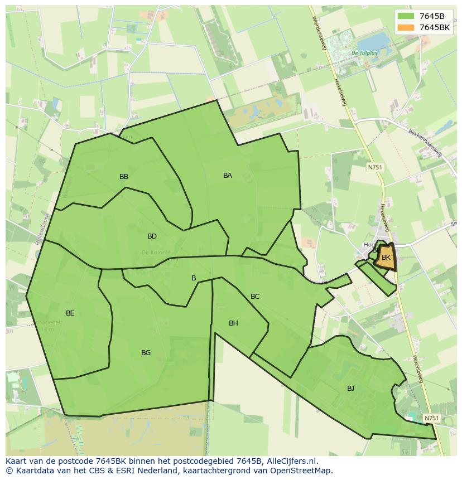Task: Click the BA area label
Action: click(x=228, y=176)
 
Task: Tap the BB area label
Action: click(x=124, y=177)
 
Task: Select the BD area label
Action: click(x=152, y=236)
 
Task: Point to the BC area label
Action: click(x=255, y=297)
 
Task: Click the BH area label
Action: click(x=233, y=323)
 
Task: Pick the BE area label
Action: click(x=70, y=313)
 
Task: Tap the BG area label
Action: click(x=146, y=353)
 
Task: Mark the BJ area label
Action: click(x=350, y=389)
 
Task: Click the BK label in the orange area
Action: click(x=386, y=258)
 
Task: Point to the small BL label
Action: click(x=376, y=251)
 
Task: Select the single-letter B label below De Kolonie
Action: click(x=194, y=278)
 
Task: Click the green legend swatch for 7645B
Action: click(x=406, y=16)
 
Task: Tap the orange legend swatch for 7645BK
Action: click(x=406, y=27)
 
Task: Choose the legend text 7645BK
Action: click(x=435, y=27)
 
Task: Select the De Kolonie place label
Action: click(x=156, y=253)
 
